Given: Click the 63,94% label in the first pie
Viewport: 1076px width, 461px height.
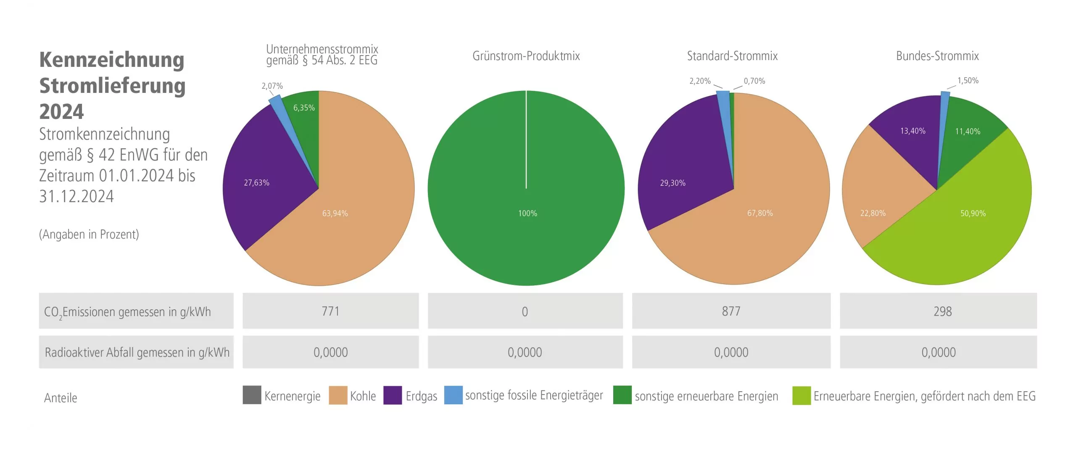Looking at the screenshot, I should point(335,213).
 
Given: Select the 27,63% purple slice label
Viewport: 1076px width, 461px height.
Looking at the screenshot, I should point(256,183).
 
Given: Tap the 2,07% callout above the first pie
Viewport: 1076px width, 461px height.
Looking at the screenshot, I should point(272,86).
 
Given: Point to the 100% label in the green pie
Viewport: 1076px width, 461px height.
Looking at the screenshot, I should point(527,213).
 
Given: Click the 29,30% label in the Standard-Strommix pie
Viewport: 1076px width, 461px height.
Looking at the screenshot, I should point(672,183).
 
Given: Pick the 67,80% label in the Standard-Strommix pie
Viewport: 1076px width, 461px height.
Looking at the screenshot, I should point(760,213).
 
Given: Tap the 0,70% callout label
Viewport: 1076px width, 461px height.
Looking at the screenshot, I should point(754,81).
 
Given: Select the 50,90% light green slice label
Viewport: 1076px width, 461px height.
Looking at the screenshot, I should point(973,213).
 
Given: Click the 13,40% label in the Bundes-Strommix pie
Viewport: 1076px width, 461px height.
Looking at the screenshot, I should point(912,131).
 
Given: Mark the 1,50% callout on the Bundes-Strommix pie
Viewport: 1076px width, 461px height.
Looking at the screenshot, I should point(968,81).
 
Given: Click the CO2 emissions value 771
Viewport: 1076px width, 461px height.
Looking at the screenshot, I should point(330,311).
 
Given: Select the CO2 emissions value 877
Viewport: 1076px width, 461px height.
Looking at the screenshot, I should point(731,311).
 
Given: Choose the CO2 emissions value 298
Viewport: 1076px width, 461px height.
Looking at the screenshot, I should point(942,311).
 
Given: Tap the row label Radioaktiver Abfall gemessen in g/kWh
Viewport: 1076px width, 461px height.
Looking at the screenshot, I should point(137,353).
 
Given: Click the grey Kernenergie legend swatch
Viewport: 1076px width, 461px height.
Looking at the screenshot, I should point(252,395).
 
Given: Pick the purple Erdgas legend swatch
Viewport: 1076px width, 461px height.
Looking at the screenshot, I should point(393,395).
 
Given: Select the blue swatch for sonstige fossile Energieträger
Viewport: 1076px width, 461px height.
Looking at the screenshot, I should point(453,395).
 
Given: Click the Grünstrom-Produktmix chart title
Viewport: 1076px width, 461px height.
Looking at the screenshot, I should point(526,56).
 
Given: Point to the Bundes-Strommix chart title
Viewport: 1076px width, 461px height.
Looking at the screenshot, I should point(937,56).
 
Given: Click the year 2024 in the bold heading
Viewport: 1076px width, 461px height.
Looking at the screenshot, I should point(62,112).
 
